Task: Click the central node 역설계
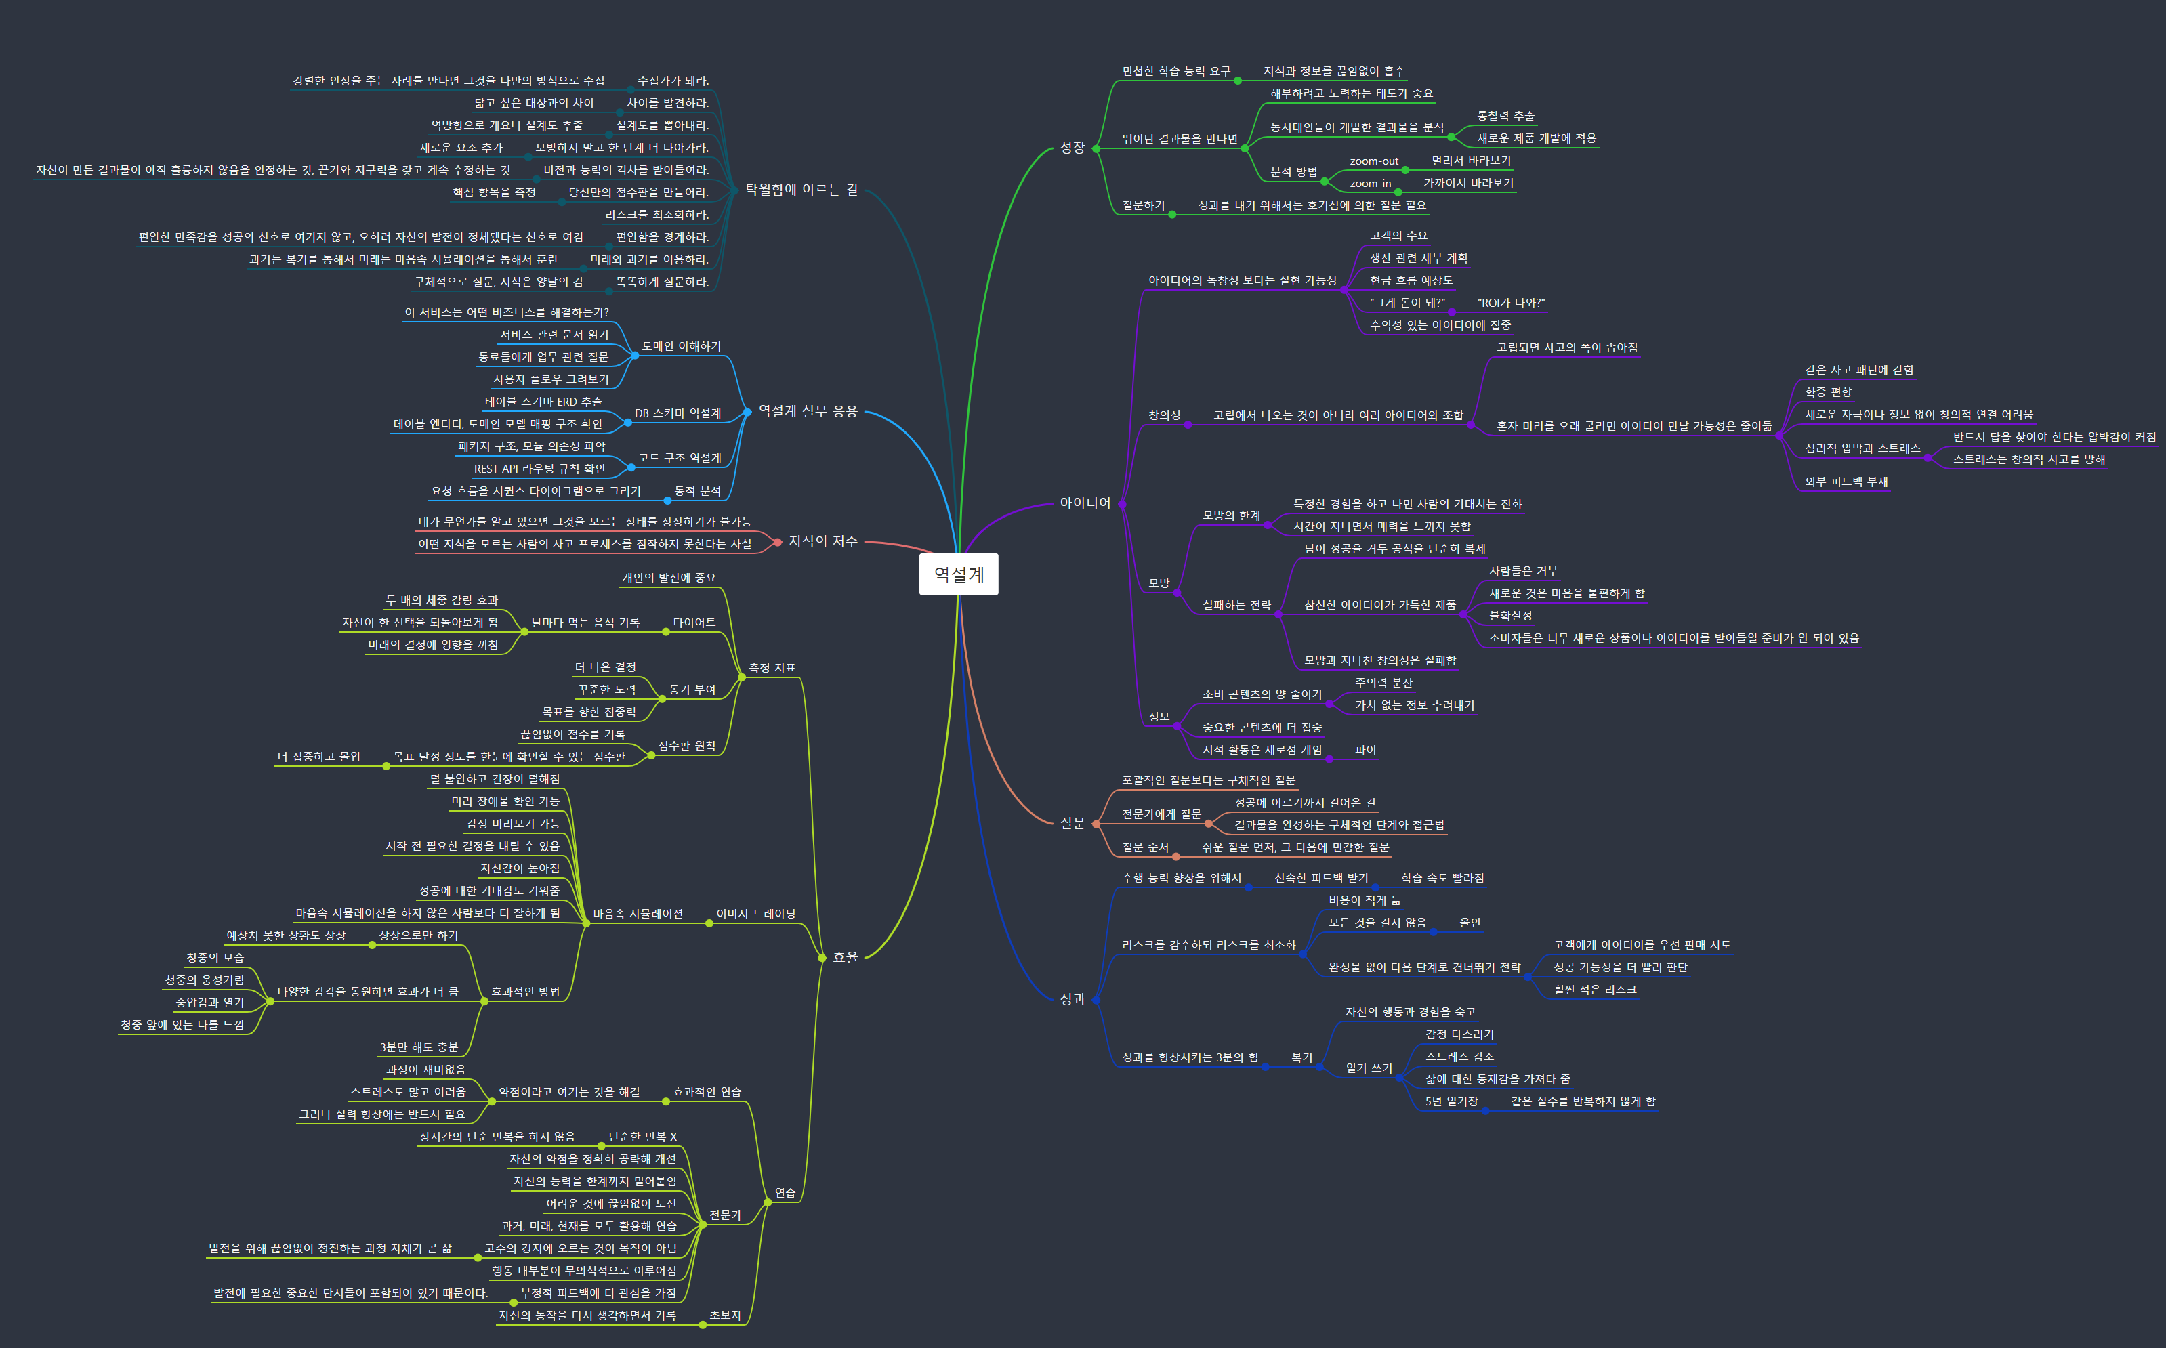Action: (959, 574)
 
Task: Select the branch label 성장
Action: (1072, 148)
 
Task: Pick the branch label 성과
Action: (1072, 999)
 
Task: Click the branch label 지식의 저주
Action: (822, 541)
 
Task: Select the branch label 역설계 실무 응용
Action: (807, 411)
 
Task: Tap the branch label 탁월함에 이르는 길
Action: (801, 190)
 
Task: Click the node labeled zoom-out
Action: (1373, 161)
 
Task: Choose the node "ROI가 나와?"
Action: (1511, 303)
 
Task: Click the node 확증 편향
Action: (1827, 392)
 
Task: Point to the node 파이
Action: (1365, 750)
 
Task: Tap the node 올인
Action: (1470, 923)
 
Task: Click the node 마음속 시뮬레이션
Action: (638, 914)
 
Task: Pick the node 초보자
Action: (725, 1315)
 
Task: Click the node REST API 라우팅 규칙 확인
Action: (539, 469)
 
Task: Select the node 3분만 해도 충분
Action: (418, 1047)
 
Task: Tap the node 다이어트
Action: (694, 623)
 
